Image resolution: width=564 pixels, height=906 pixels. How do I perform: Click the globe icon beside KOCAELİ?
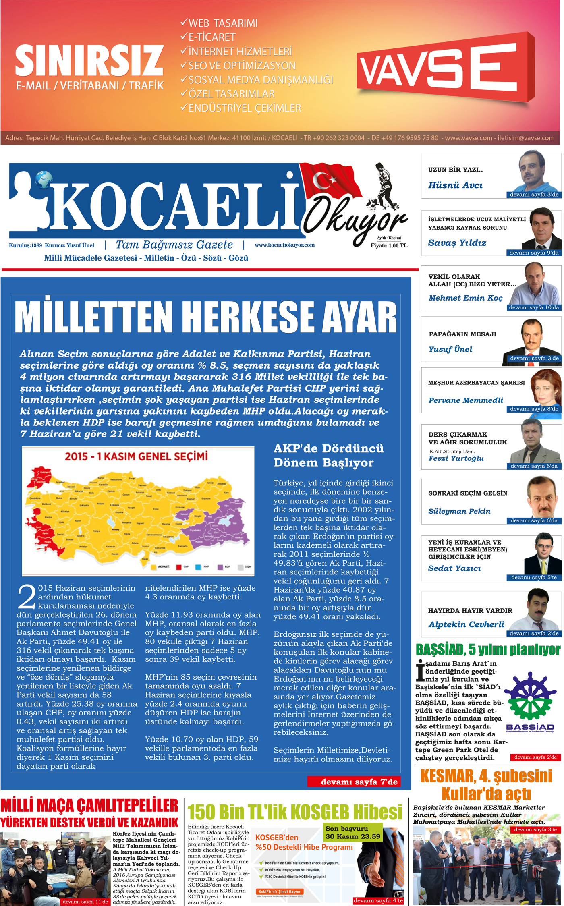(x=43, y=179)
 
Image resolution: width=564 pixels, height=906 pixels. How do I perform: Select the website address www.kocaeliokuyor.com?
(x=284, y=245)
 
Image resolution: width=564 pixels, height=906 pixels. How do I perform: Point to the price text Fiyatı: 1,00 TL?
(x=389, y=245)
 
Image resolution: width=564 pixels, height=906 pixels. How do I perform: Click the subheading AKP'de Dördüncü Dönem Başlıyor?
(x=328, y=456)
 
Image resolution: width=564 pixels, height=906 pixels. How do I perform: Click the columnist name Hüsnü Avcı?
(x=455, y=185)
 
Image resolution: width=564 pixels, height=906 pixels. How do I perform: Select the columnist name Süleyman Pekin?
(x=459, y=511)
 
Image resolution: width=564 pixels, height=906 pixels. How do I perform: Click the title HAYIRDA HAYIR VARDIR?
(x=470, y=610)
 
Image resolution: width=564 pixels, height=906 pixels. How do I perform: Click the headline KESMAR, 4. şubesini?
(x=486, y=776)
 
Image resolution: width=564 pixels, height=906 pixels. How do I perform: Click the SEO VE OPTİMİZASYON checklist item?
(x=242, y=66)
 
